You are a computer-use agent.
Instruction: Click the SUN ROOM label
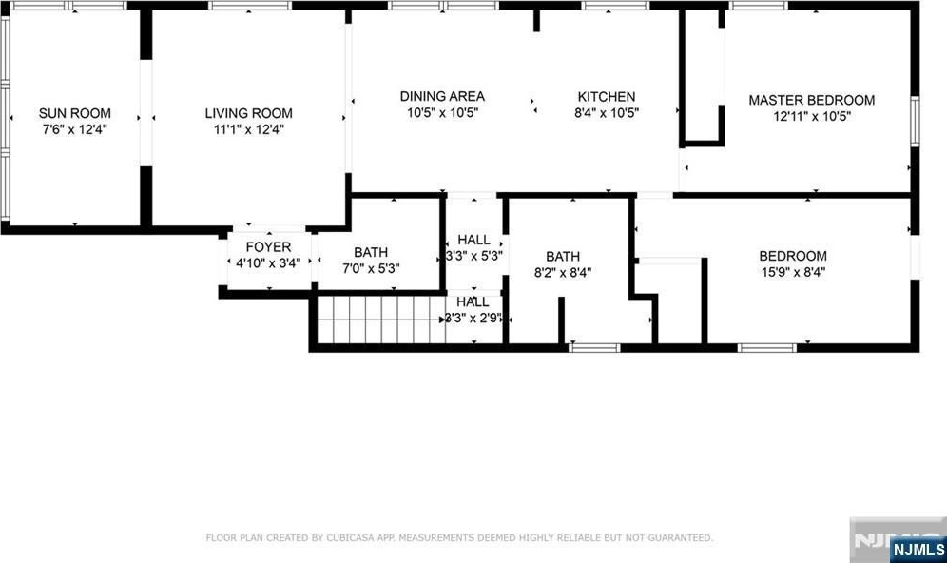[x=75, y=113]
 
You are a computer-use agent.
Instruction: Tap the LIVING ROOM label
[x=248, y=113]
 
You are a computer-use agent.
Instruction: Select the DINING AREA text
[x=442, y=96]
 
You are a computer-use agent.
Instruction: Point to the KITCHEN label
[x=607, y=97]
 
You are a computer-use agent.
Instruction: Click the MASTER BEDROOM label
[x=812, y=100]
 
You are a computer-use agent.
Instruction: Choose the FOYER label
[x=268, y=247]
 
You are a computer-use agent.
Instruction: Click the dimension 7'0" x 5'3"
[x=371, y=268]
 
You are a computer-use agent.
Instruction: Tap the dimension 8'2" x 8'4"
[x=563, y=272]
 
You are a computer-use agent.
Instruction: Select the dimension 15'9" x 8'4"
[x=793, y=272]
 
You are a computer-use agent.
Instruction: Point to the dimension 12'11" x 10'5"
[x=812, y=116]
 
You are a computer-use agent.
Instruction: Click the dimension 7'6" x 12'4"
[x=75, y=129]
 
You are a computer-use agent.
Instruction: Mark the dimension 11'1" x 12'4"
[x=248, y=129]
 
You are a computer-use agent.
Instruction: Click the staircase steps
[x=381, y=320]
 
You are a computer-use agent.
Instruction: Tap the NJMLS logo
[x=918, y=550]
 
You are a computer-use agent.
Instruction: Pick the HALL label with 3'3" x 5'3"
[x=473, y=240]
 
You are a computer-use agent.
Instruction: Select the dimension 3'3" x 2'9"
[x=474, y=318]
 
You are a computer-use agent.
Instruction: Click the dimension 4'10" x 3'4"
[x=268, y=263]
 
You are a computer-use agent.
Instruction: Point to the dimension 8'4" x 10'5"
[x=607, y=113]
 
